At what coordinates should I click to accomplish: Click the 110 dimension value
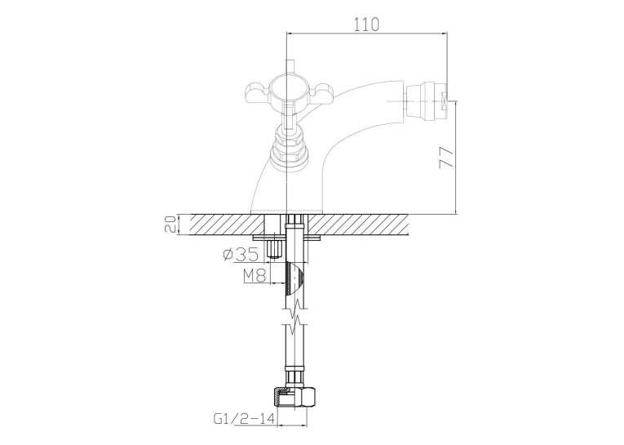coord(366,24)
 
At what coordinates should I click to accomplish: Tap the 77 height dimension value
coord(446,158)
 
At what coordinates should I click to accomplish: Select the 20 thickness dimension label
coord(170,225)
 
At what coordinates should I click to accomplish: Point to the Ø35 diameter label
coord(241,254)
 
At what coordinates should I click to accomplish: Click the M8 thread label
coord(254,275)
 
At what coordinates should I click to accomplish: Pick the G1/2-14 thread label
coord(245,419)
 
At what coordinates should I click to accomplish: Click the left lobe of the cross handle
coord(258,92)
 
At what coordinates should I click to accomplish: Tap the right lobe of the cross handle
coord(318,92)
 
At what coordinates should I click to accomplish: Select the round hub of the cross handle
coord(287,89)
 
